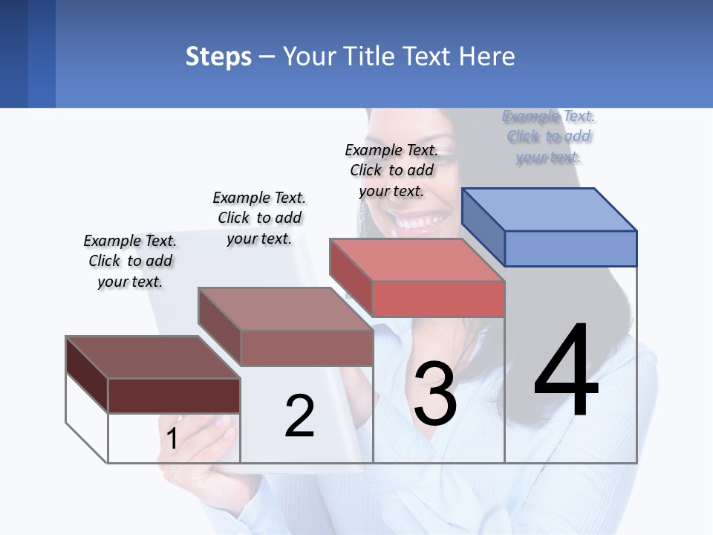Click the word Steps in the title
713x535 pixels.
tap(218, 56)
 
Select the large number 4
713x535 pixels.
tap(566, 372)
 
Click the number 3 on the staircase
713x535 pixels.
tap(435, 394)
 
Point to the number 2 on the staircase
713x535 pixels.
tap(299, 416)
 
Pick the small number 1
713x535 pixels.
tap(172, 439)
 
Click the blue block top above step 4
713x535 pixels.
tap(550, 210)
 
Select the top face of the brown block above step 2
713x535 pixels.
tap(286, 309)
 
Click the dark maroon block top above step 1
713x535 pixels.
tap(153, 357)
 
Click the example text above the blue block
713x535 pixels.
tap(549, 137)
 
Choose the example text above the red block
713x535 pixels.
tap(391, 170)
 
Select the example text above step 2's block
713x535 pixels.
tap(259, 218)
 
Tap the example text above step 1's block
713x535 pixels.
tap(130, 261)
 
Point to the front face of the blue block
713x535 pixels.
tap(570, 248)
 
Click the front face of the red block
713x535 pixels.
tap(438, 299)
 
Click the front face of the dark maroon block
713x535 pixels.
tap(174, 395)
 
